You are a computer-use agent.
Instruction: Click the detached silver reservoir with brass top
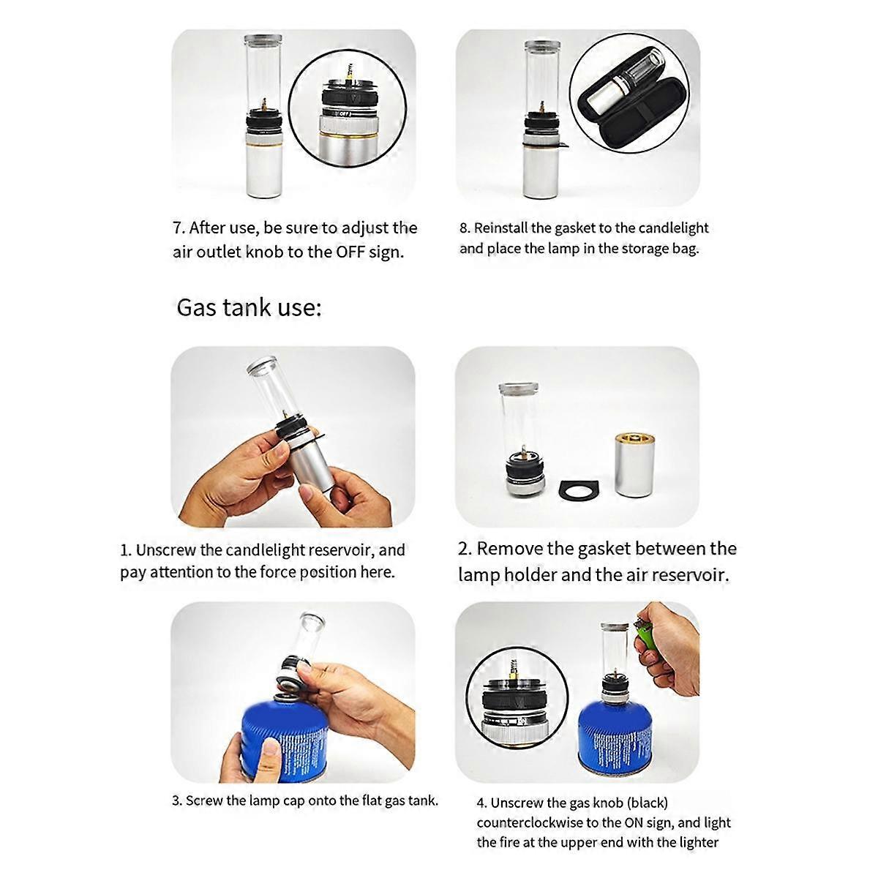[x=634, y=464]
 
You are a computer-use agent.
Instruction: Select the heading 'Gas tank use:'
[x=249, y=307]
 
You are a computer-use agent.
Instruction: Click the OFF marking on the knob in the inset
[x=345, y=113]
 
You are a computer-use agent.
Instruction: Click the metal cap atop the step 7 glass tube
[x=263, y=40]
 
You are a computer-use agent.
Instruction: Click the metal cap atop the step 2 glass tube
[x=519, y=389]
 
